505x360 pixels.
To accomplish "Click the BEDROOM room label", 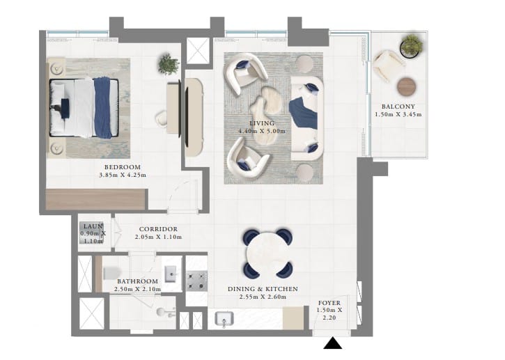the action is pyautogui.click(x=123, y=167).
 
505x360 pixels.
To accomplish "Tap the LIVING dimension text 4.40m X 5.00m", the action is pyautogui.click(x=262, y=131).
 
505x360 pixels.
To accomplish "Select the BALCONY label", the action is pyautogui.click(x=398, y=107).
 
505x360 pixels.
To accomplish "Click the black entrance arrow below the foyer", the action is pyautogui.click(x=333, y=343).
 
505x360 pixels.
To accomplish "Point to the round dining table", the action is pyautogui.click(x=268, y=253).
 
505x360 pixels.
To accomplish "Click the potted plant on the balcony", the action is pyautogui.click(x=411, y=46).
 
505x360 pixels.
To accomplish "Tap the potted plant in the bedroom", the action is pyautogui.click(x=169, y=64).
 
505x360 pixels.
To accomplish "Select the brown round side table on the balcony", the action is pyautogui.click(x=406, y=86).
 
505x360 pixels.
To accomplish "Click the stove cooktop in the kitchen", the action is pyautogui.click(x=196, y=281).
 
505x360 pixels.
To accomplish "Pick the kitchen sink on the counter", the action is pyautogui.click(x=224, y=319).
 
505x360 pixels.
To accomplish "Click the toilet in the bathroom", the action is pyautogui.click(x=111, y=273).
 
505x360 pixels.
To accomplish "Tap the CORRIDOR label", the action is pyautogui.click(x=158, y=229).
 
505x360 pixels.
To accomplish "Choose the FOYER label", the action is pyautogui.click(x=329, y=303).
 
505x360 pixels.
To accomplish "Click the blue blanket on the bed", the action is pyautogui.click(x=102, y=107).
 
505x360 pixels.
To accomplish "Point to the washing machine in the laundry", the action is pyautogui.click(x=91, y=233).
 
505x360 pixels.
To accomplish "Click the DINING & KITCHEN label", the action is pyautogui.click(x=263, y=289).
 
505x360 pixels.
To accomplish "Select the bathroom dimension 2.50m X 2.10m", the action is pyautogui.click(x=137, y=289).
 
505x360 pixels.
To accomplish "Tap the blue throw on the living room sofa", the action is pyautogui.click(x=304, y=114).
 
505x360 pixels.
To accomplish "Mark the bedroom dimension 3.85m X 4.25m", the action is pyautogui.click(x=123, y=175).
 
